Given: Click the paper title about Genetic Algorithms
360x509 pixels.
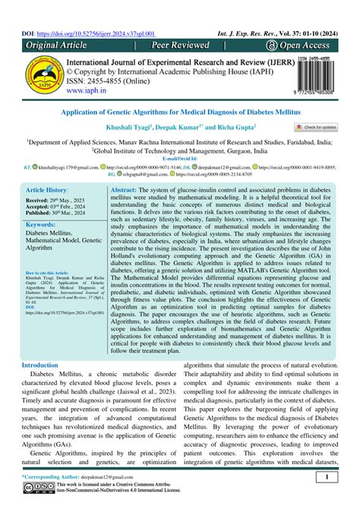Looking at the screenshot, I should click(179, 111).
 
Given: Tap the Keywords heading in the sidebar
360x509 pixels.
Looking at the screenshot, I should click(46, 225).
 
